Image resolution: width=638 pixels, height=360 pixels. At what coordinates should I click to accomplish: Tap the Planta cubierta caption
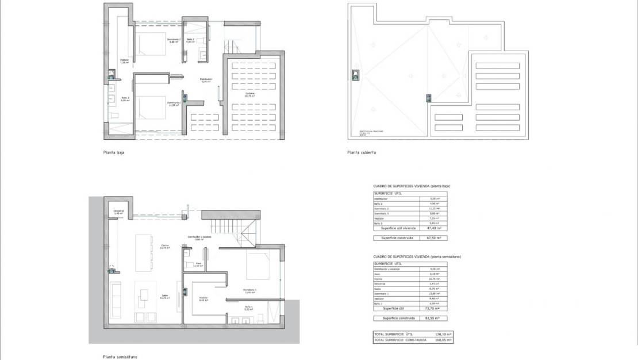pyautogui.click(x=362, y=153)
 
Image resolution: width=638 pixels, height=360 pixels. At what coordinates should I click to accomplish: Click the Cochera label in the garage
pyautogui.click(x=249, y=94)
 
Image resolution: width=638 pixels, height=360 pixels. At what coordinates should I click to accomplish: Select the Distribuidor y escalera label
pyautogui.click(x=199, y=237)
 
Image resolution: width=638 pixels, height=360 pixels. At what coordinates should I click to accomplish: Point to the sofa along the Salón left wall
pyautogui.click(x=116, y=299)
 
